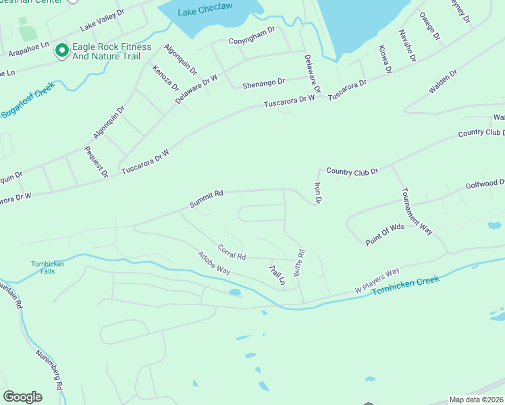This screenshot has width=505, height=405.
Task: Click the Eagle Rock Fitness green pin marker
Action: pos(62,51)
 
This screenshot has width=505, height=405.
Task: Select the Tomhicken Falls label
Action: pos(48,267)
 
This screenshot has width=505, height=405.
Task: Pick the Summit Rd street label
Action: pos(207,199)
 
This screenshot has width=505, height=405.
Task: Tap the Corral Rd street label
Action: pos(232,252)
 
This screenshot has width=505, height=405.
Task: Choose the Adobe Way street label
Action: pos(214,263)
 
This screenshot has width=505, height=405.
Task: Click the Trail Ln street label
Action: pos(277,274)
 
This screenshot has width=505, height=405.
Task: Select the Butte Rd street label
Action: pos(300,262)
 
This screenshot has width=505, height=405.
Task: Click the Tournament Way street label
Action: pos(417,210)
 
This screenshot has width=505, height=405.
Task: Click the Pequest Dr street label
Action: pos(96,161)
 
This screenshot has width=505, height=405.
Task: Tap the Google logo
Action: pos(22,397)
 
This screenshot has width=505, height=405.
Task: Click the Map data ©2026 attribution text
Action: pos(476,400)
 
